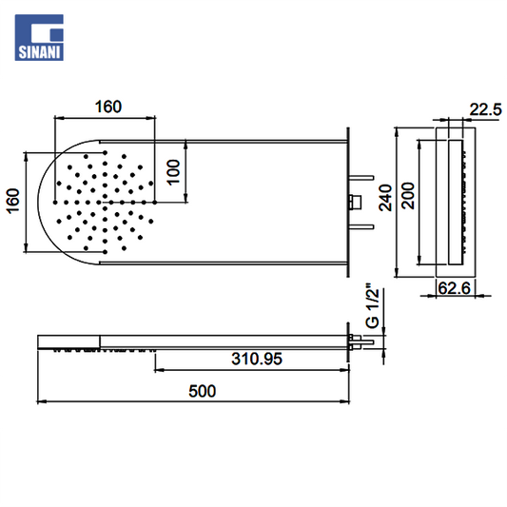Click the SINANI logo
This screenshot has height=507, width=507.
coord(39,37)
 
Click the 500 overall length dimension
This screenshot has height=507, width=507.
coord(202,391)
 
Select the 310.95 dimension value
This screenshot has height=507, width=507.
coord(257,359)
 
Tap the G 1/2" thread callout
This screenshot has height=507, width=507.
coord(373,306)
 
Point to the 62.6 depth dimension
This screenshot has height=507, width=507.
coord(454,288)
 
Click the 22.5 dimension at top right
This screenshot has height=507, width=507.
coord(485,109)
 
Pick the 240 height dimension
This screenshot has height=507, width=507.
coord(385,198)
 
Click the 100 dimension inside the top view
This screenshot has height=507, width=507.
coord(174,172)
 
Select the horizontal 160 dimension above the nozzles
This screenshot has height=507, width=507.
coord(108,107)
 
